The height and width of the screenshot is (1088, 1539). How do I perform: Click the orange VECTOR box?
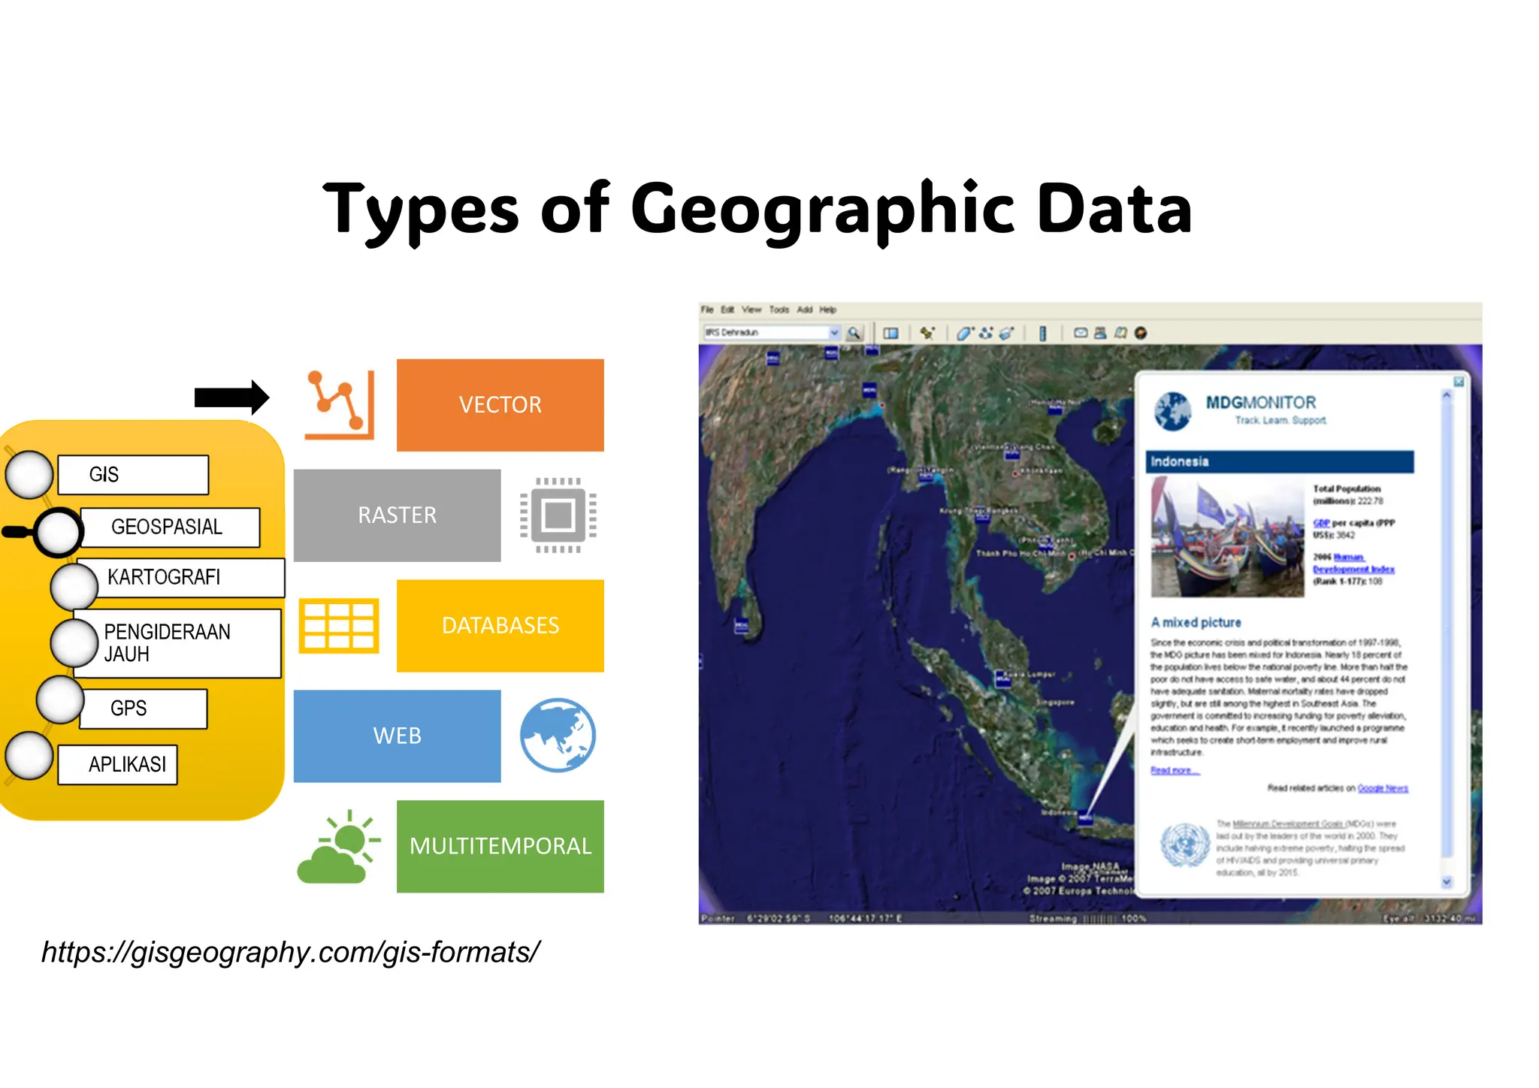pos(500,405)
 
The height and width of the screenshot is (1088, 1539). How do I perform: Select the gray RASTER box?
pos(397,515)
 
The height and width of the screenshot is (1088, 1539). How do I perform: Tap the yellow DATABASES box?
pos(500,626)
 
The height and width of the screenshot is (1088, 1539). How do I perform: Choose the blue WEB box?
pos(397,736)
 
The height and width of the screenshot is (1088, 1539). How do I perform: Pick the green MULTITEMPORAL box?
pos(500,847)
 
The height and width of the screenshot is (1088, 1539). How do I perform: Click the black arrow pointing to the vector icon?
pos(231,397)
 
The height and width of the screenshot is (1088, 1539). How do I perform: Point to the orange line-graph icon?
pos(339,405)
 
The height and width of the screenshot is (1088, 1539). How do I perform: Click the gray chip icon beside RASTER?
pos(558,515)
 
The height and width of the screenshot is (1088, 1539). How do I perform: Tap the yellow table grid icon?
pos(339,626)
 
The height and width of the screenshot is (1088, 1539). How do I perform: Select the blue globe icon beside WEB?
pos(558,736)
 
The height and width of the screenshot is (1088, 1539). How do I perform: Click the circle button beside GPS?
pos(60,700)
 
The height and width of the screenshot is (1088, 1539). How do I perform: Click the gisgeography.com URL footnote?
pos(290,953)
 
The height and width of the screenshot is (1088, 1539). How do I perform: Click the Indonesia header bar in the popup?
pos(1279,461)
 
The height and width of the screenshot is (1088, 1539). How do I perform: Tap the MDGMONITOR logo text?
pos(1261,403)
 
